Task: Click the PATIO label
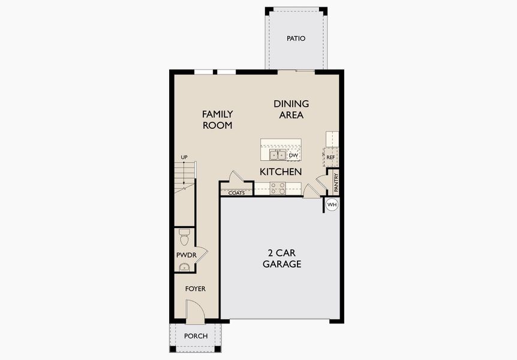(x=296, y=38)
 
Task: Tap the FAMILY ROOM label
(x=217, y=119)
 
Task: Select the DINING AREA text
(x=291, y=109)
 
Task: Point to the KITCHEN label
(x=280, y=172)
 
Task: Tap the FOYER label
(x=195, y=289)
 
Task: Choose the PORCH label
(x=196, y=336)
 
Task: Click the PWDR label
(x=182, y=255)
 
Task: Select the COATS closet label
(x=236, y=193)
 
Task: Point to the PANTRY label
(x=336, y=182)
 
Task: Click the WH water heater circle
(x=332, y=205)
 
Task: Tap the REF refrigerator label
(x=330, y=157)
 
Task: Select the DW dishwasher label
(x=293, y=155)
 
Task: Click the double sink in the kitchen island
(x=277, y=155)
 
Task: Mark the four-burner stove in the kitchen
(x=277, y=188)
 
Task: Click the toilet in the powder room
(x=184, y=238)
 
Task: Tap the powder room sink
(x=184, y=266)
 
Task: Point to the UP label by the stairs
(x=184, y=157)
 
